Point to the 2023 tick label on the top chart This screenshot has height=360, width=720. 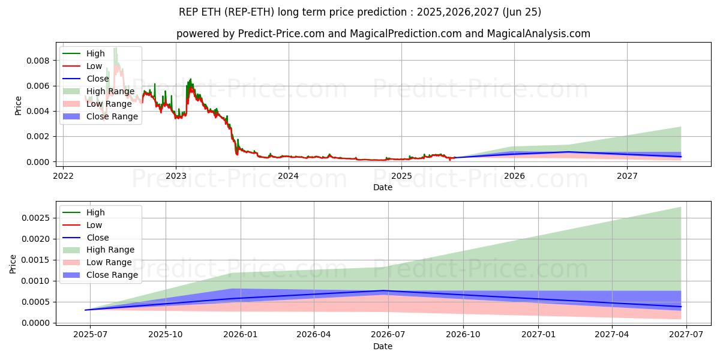click(x=176, y=176)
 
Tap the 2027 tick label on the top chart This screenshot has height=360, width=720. click(x=627, y=176)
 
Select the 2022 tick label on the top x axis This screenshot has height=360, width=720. click(x=63, y=176)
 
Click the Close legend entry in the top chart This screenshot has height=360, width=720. click(x=98, y=79)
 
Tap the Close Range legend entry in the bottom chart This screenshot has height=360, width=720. click(x=112, y=275)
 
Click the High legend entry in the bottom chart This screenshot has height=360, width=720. click(x=95, y=212)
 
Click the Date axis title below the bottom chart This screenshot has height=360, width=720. click(x=383, y=346)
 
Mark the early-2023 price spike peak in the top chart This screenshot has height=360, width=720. click(x=191, y=79)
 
